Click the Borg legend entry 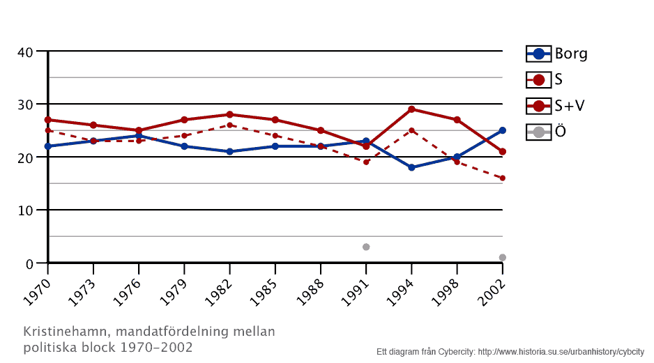tap(557, 54)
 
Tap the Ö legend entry tap(547, 131)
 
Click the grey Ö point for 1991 tap(366, 247)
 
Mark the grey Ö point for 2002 tap(503, 258)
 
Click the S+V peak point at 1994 tap(411, 109)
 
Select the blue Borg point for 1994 tap(411, 168)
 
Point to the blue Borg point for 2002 tap(503, 130)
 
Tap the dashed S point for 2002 tap(503, 178)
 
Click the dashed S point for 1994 tap(411, 130)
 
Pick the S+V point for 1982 tap(229, 114)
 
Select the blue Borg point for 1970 tap(47, 146)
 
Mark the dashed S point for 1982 tap(229, 125)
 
